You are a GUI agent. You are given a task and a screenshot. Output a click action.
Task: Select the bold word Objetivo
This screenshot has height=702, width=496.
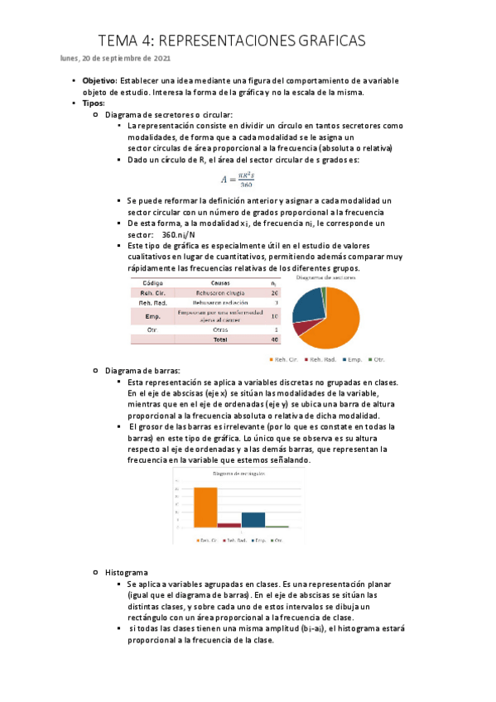click(99, 80)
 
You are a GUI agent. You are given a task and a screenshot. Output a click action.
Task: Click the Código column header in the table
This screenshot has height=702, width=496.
click(152, 282)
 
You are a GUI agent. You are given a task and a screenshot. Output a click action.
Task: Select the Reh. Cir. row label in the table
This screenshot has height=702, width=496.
click(152, 293)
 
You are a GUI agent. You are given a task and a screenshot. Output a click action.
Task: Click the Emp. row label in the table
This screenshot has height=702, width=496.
click(152, 316)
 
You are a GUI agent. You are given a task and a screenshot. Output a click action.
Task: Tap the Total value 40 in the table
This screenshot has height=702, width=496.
click(274, 339)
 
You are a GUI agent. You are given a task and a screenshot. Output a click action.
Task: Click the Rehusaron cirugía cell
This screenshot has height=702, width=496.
click(221, 293)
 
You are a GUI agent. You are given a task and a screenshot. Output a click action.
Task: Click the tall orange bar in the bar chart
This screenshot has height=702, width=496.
click(205, 507)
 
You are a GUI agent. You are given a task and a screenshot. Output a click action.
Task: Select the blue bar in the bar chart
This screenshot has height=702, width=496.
click(253, 519)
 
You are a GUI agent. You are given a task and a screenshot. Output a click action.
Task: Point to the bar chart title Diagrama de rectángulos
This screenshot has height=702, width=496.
click(241, 474)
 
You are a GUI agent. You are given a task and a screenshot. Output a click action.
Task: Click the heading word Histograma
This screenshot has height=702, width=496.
click(126, 572)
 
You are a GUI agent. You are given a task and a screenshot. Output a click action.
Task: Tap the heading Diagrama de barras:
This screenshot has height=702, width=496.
click(142, 371)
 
